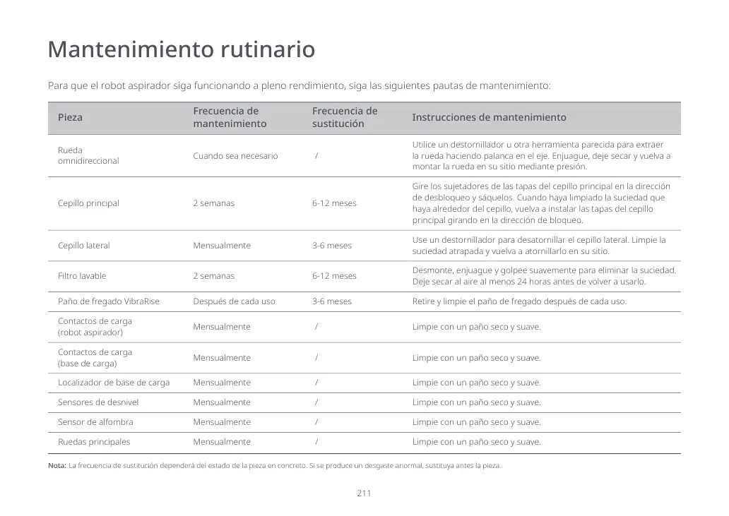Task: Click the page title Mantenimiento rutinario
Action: [182, 51]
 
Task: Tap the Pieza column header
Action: [70, 118]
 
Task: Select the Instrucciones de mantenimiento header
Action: [489, 118]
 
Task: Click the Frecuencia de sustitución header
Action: [345, 118]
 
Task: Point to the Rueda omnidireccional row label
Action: [88, 156]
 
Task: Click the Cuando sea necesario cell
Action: [235, 156]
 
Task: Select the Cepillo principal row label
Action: [88, 203]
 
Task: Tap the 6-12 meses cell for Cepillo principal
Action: [334, 203]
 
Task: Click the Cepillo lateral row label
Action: [83, 246]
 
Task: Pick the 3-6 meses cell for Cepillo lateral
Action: [332, 246]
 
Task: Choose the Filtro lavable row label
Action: [82, 276]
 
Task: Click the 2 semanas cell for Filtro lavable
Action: [213, 276]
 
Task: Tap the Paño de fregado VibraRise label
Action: [109, 301]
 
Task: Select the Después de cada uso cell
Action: [234, 301]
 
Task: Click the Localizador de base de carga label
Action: [114, 383]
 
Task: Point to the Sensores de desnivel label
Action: [98, 402]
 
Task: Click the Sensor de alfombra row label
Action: [95, 422]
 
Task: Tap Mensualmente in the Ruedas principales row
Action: [222, 442]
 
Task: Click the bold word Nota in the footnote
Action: [57, 466]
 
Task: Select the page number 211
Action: [364, 493]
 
